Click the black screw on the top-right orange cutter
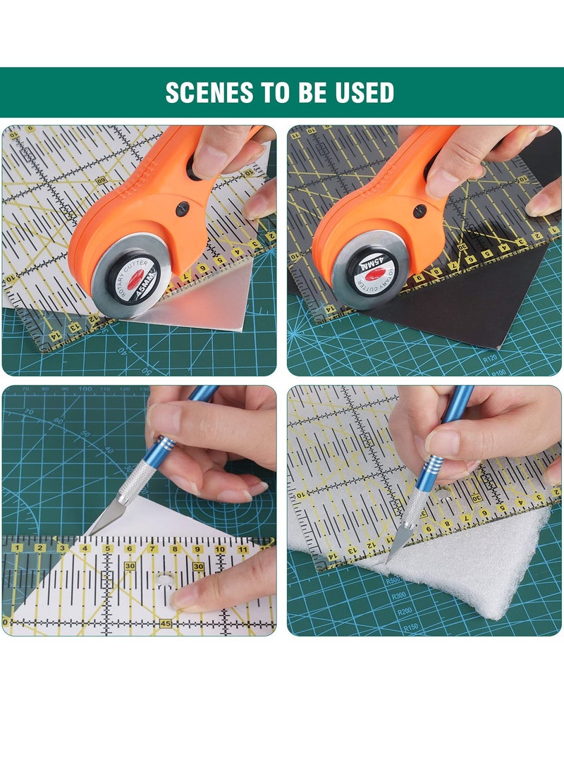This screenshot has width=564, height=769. [419, 210]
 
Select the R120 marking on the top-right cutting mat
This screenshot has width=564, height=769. [491, 359]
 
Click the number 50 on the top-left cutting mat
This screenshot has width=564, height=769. [147, 371]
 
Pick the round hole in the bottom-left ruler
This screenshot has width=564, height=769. [164, 583]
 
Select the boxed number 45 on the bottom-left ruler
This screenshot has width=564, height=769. [166, 623]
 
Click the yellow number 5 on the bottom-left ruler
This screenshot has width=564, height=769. [107, 548]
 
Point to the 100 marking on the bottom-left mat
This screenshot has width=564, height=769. [85, 389]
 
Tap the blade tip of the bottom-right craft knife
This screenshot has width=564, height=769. [388, 561]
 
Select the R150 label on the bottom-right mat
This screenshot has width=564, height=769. [410, 627]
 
